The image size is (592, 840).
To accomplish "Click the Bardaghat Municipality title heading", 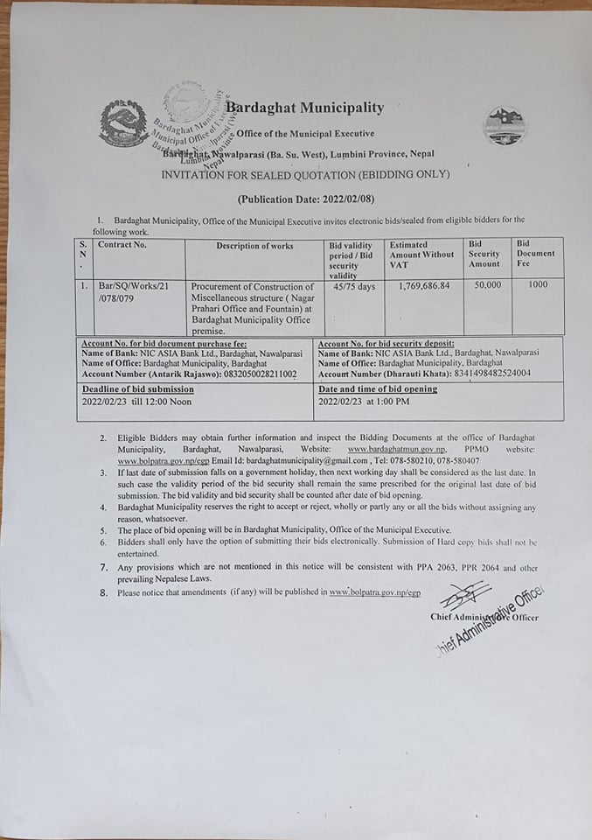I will (304, 108).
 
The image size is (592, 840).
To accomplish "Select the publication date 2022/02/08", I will (328, 199).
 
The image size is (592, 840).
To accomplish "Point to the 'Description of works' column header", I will (254, 246).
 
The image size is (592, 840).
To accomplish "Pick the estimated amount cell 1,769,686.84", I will (423, 285).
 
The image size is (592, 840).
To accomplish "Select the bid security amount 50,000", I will (488, 285).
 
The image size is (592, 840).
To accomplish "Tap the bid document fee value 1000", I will (538, 284).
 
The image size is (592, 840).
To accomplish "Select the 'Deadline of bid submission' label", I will (138, 388).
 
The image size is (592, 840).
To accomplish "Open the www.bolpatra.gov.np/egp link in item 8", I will (374, 592).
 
